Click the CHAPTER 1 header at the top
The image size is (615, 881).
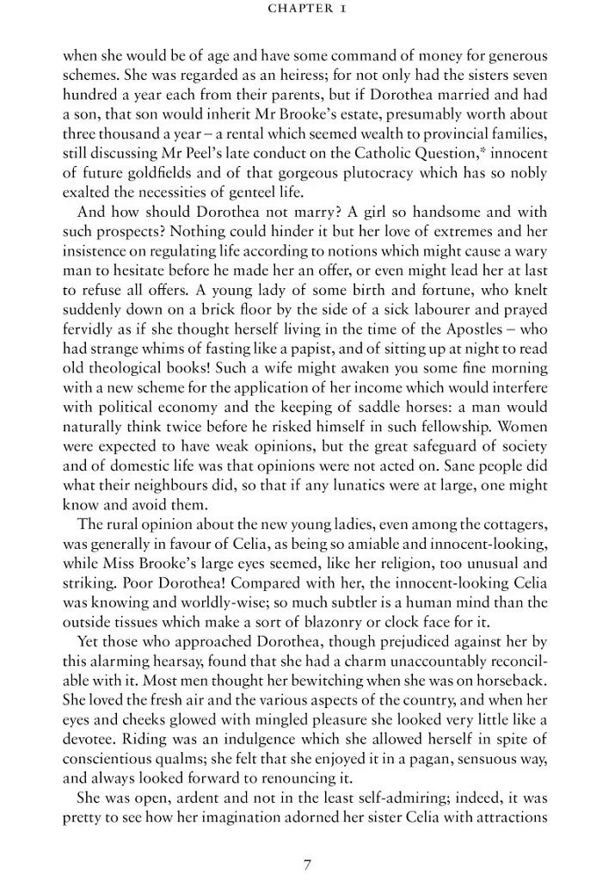coord(307,9)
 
